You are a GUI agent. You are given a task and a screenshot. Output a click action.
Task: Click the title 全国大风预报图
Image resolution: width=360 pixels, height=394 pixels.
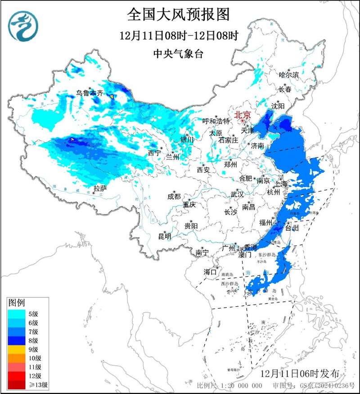pyautogui.click(x=179, y=14)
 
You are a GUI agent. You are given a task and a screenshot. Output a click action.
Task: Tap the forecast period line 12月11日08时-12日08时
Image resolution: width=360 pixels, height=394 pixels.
pyautogui.click(x=179, y=35)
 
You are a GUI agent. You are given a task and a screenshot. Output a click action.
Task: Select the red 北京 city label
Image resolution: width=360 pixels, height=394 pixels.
pyautogui.click(x=242, y=115)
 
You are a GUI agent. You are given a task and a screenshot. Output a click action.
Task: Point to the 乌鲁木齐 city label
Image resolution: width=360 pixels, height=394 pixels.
pyautogui.click(x=90, y=93)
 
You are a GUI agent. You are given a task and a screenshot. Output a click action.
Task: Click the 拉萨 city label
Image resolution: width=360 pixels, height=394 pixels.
pyautogui.click(x=100, y=188)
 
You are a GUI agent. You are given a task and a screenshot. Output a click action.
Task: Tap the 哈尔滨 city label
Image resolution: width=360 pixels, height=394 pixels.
pyautogui.click(x=288, y=75)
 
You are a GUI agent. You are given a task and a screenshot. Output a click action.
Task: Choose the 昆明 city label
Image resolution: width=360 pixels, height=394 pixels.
pyautogui.click(x=164, y=236)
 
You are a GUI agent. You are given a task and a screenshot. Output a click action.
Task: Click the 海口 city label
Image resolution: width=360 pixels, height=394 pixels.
pyautogui.click(x=210, y=272)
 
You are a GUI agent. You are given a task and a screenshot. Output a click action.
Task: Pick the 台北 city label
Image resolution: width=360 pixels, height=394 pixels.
pyautogui.click(x=292, y=228)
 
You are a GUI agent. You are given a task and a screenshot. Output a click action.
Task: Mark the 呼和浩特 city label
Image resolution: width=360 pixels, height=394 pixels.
pyautogui.click(x=216, y=121)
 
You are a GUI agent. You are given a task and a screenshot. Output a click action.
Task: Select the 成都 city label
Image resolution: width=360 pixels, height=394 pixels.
pyautogui.click(x=174, y=197)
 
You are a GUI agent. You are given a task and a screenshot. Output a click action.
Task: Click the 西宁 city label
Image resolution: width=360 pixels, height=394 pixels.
pyautogui.click(x=154, y=153)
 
